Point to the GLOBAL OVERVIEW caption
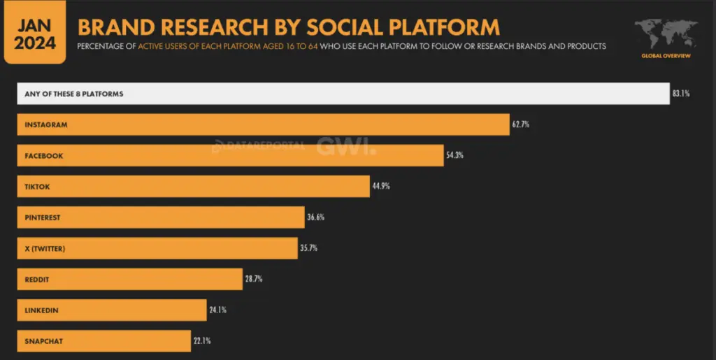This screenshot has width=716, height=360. [665, 56]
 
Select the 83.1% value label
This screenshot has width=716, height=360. [682, 94]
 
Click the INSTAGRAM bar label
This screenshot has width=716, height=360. [46, 124]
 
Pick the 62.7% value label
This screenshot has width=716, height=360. [521, 124]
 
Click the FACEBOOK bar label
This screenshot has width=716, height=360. [44, 156]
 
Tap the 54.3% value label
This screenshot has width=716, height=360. [455, 155]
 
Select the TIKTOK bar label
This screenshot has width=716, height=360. [38, 187]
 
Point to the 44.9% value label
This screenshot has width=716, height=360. [381, 186]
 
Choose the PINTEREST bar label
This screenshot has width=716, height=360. [43, 217]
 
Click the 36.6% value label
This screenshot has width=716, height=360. [316, 217]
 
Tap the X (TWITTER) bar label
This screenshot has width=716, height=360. [45, 248]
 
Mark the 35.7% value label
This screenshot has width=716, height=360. [309, 247]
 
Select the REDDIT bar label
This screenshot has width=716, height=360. [38, 280]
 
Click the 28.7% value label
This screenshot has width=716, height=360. [254, 279]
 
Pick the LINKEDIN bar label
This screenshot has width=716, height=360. [41, 310]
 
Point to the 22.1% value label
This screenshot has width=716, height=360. [202, 340]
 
